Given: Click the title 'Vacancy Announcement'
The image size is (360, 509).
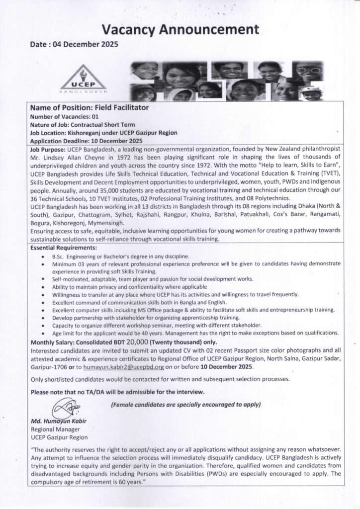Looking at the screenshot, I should [180, 29].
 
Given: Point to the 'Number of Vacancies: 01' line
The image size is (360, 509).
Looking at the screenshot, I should [64, 116].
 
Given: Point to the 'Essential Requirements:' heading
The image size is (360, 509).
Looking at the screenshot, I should [64, 247].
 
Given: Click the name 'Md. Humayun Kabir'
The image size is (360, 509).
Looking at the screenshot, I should [58, 422].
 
